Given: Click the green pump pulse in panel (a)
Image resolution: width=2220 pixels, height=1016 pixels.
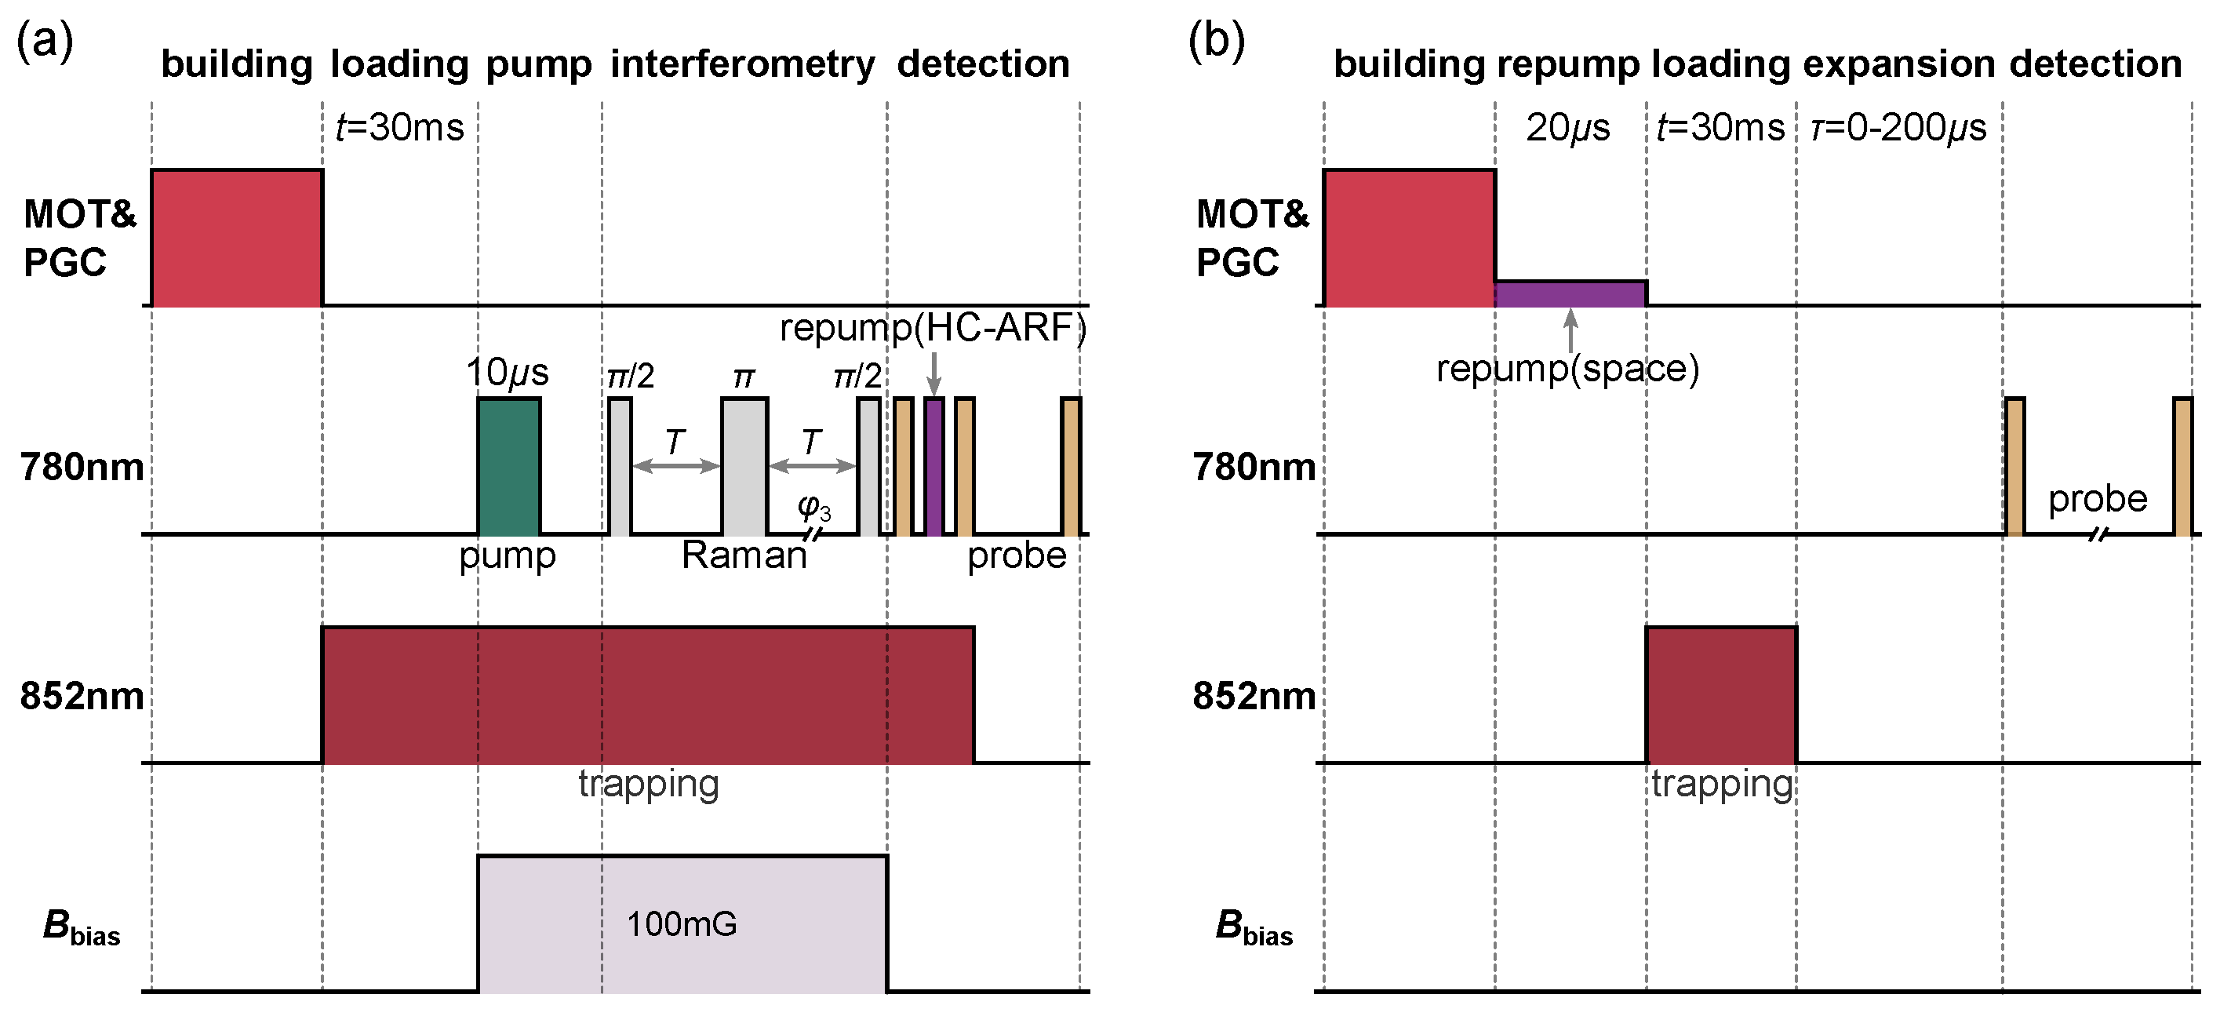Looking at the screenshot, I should click(x=509, y=466).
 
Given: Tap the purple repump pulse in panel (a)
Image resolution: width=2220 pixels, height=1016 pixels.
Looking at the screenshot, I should click(x=934, y=466).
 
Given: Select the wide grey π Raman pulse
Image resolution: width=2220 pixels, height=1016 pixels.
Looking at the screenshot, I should click(x=744, y=466).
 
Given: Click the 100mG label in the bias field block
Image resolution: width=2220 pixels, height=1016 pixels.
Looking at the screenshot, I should click(x=681, y=923).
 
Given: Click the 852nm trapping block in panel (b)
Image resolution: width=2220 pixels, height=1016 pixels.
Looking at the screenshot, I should click(x=1721, y=694).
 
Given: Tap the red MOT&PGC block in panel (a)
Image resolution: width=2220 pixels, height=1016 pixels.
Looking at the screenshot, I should click(x=237, y=238).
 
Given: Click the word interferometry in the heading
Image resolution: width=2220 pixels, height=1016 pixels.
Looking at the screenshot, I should click(x=742, y=64).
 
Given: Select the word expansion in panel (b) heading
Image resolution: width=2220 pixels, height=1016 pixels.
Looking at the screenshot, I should click(x=1898, y=64).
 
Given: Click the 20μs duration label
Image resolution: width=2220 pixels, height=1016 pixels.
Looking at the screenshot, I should click(x=1567, y=128).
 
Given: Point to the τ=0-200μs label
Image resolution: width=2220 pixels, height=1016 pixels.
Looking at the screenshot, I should click(x=1898, y=128).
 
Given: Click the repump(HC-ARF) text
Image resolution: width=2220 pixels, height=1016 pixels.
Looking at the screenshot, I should click(x=933, y=328).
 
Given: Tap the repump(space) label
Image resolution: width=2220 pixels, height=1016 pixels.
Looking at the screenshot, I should click(x=1567, y=369).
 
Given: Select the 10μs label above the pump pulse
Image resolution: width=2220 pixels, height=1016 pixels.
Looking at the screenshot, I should click(x=507, y=373).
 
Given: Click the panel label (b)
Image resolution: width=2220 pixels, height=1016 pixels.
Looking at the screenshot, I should click(x=1216, y=40).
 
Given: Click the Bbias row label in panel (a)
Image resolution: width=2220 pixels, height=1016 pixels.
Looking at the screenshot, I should click(x=81, y=927).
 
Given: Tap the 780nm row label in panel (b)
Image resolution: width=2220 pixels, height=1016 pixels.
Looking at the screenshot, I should click(x=1254, y=467).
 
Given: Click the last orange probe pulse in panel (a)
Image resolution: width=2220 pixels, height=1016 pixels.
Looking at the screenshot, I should click(x=1070, y=466).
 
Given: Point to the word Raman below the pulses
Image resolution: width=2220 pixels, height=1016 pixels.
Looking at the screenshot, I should click(x=744, y=555).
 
